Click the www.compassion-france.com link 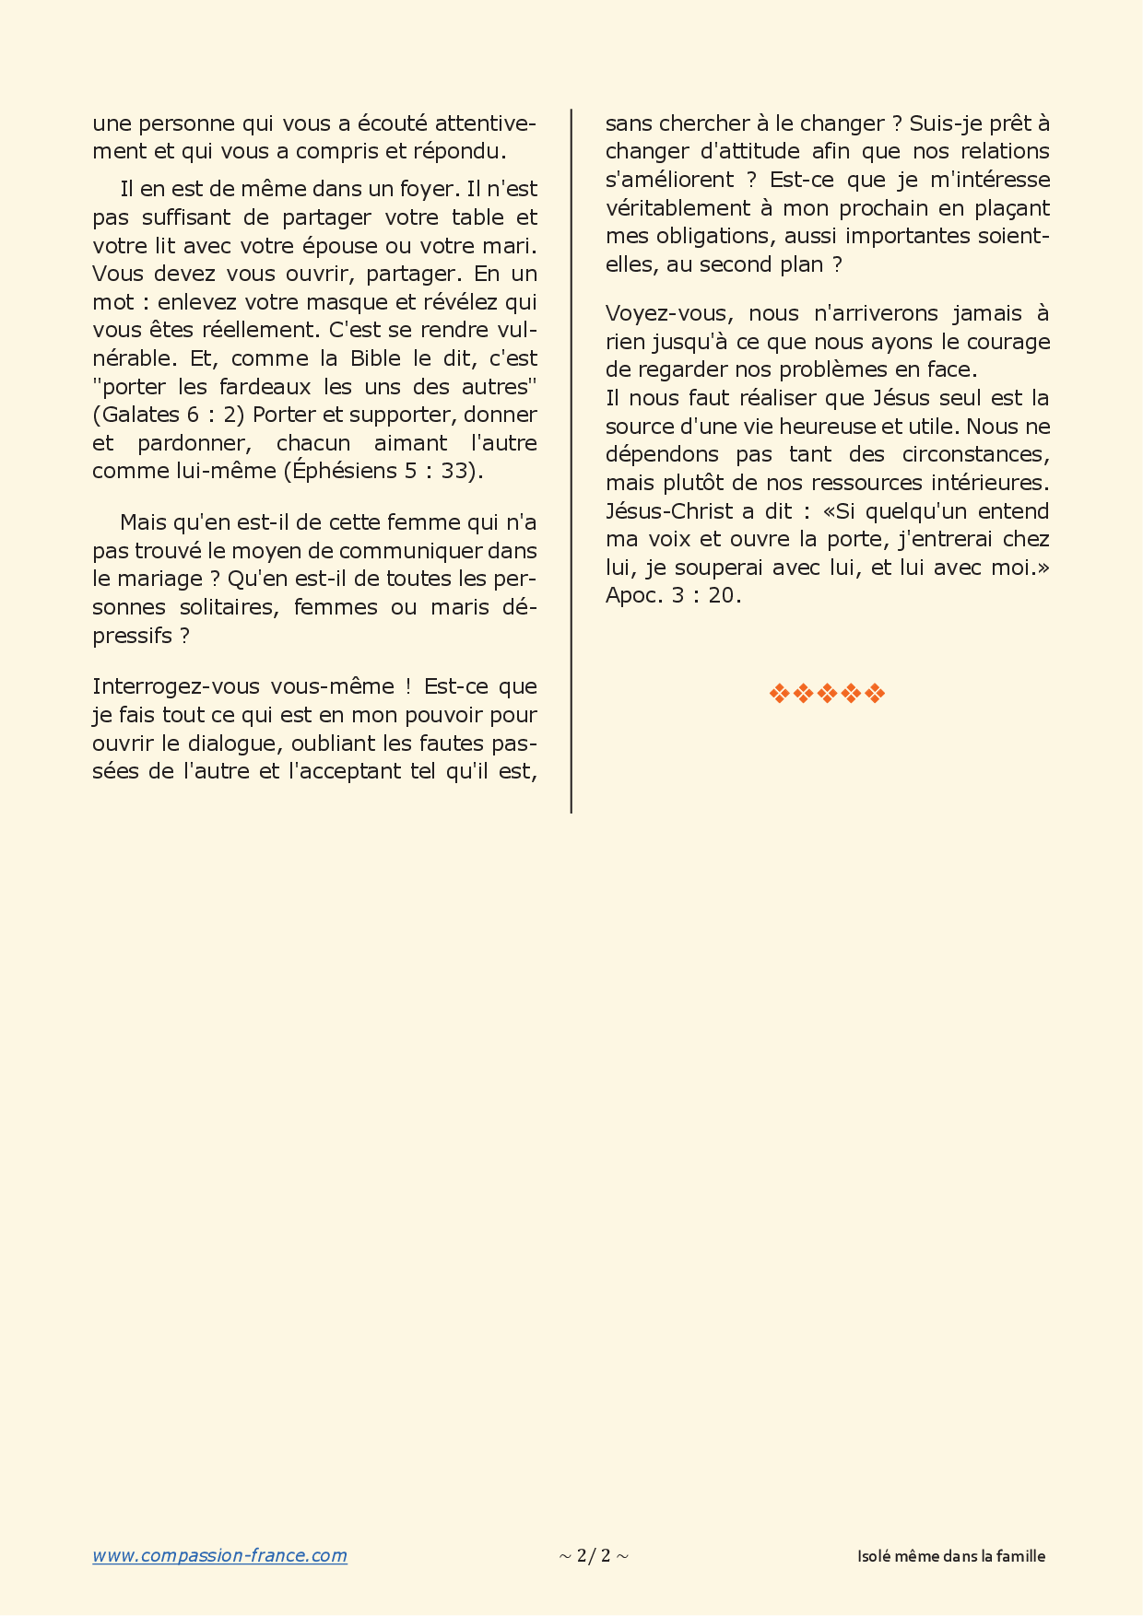(219, 1556)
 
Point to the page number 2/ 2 (594, 1556)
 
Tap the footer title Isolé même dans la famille (951, 1556)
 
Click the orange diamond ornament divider (827, 694)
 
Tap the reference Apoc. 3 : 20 (673, 595)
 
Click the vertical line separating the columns (571, 461)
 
